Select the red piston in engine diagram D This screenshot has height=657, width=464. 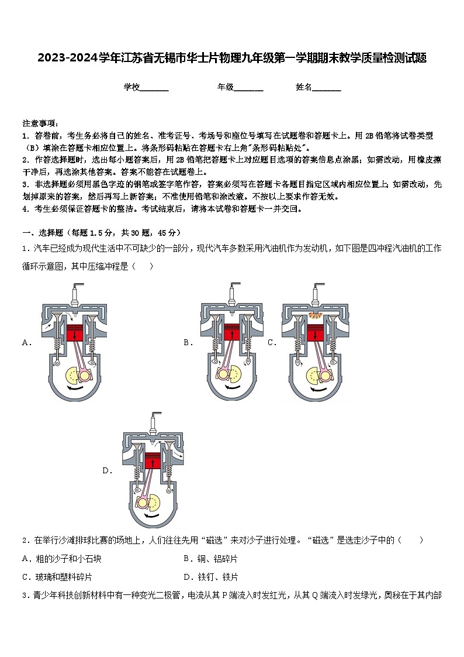(x=153, y=460)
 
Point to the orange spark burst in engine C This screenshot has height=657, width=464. (x=316, y=316)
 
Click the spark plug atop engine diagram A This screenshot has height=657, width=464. (x=74, y=292)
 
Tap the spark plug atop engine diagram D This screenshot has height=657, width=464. (x=154, y=419)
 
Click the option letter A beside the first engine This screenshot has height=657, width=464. (x=26, y=343)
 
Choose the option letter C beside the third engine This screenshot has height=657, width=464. (x=272, y=343)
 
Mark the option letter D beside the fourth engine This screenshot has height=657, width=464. (x=107, y=470)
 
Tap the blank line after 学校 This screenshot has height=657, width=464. (x=154, y=88)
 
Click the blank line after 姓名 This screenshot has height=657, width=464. (x=327, y=88)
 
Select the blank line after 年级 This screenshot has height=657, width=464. (x=248, y=88)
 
